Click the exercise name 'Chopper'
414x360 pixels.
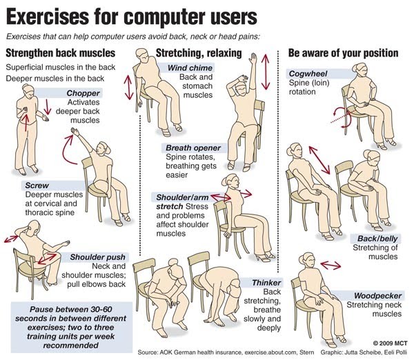83,93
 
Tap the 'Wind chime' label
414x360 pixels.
190,68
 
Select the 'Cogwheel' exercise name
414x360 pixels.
308,74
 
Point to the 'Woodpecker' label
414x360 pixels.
377,296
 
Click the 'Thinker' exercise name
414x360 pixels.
266,283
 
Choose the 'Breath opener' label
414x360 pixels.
193,148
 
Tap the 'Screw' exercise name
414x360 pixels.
37,186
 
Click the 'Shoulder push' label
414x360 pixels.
98,257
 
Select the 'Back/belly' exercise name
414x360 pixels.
377,239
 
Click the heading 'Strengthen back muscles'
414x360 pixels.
61,53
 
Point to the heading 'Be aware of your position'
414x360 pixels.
343,53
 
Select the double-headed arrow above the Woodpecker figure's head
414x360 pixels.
331,265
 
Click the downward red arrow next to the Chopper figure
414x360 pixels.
48,107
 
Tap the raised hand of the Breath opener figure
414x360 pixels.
253,58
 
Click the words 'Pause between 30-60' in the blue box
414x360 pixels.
71,310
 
